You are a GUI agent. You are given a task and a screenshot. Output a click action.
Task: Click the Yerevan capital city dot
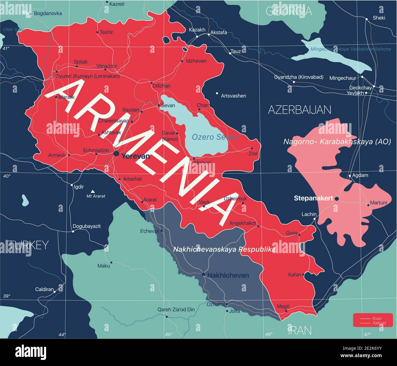point(116,153)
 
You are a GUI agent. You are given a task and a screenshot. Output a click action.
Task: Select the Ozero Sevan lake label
point(215,137)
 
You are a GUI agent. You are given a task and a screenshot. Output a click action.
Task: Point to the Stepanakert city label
point(313,198)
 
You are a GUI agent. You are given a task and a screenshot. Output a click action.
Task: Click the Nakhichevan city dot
point(203,274)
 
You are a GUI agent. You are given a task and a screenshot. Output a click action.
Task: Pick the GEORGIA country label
point(289,11)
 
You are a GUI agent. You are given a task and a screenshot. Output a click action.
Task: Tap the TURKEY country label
point(28,245)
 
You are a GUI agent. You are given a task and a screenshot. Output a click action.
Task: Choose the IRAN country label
point(300,330)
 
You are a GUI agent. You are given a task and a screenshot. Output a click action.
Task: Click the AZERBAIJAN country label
point(299,110)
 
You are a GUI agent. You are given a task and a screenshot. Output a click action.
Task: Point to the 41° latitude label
point(6,48)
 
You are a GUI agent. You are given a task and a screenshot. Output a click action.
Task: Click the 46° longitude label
point(268,334)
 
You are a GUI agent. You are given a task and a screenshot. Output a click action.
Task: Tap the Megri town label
point(283,306)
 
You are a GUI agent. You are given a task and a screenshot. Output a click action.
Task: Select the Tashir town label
point(106,32)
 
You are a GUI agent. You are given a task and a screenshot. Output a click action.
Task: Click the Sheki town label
point(379,18)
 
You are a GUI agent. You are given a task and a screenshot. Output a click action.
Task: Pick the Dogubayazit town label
point(86,226)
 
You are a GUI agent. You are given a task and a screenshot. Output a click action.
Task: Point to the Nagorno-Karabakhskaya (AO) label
point(337,142)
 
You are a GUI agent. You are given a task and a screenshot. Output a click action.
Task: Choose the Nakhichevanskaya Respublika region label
point(224,249)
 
